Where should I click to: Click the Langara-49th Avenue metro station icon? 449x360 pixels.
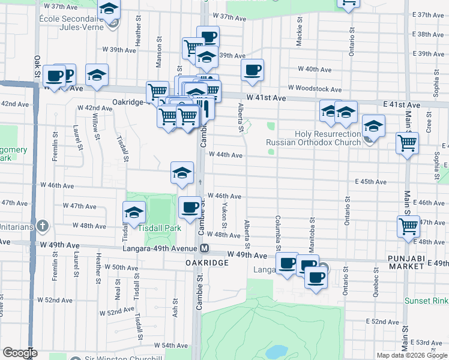coord(205,248)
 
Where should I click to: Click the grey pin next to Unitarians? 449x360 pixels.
coord(41,227)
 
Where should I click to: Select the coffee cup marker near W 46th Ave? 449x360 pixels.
coord(190,208)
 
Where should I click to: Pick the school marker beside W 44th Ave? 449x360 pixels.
coord(182,173)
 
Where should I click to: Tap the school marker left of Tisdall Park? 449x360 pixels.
coord(134,212)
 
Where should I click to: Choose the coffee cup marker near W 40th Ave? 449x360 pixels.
coord(252,70)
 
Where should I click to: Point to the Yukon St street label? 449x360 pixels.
coord(224,215)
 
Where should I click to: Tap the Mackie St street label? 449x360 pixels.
coord(298,34)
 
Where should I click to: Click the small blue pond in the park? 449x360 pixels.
coord(276,350)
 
